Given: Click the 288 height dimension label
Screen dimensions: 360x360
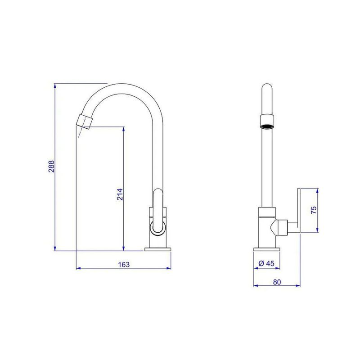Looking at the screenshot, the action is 51,166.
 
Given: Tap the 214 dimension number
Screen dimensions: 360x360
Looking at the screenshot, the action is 120,194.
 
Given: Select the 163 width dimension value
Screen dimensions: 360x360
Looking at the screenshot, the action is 124,265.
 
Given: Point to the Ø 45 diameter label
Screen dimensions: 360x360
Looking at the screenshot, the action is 266,263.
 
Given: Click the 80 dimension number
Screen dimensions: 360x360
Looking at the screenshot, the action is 277,282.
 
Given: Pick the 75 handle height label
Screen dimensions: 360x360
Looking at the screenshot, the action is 314,210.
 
